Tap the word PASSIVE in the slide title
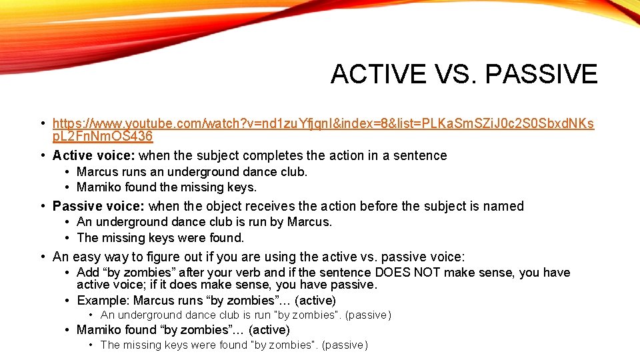click(541, 74)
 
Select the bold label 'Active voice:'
click(94, 155)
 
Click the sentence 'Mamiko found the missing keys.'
click(167, 187)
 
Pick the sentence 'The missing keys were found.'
click(161, 237)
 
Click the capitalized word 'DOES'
click(393, 273)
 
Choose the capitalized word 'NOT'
click(433, 273)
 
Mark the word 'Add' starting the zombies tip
click(88, 273)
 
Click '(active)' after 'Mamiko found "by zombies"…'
click(269, 330)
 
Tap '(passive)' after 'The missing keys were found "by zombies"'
click(344, 345)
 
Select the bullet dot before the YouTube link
click(43, 123)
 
